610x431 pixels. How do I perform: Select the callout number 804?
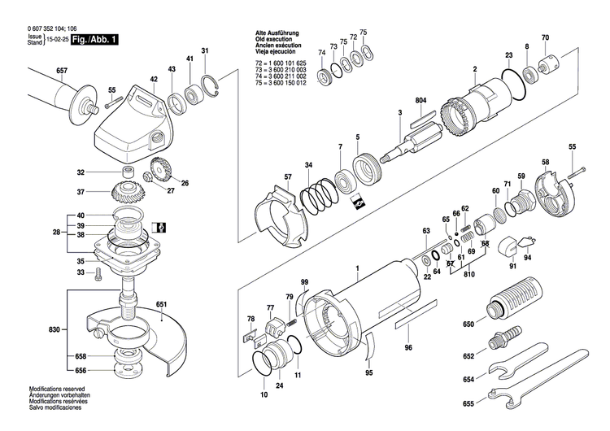[x=420, y=100]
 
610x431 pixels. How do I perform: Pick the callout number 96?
[x=409, y=348]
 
